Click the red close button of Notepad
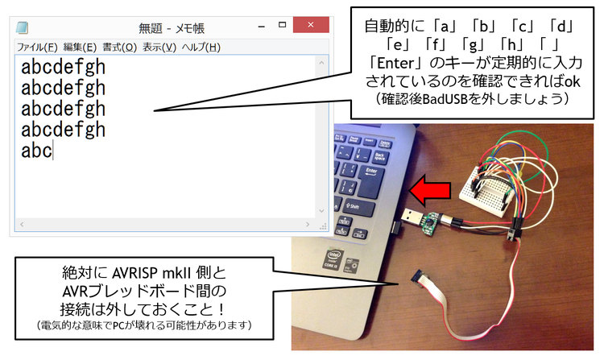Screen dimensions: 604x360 pyautogui.click(x=311, y=25)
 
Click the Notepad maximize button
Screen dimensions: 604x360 pyautogui.click(x=283, y=25)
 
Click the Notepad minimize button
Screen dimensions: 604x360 pyautogui.click(x=262, y=27)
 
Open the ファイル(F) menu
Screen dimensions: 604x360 pyautogui.click(x=37, y=48)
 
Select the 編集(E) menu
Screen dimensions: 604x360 pyautogui.click(x=80, y=48)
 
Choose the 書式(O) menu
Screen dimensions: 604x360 pyautogui.click(x=119, y=48)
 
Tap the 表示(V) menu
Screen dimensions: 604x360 pyautogui.click(x=159, y=48)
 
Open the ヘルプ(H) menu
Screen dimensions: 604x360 pyautogui.click(x=201, y=48)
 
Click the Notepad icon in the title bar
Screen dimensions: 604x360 pyautogui.click(x=23, y=27)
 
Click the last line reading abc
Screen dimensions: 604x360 pyautogui.click(x=36, y=150)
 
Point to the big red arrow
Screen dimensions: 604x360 pyautogui.click(x=429, y=190)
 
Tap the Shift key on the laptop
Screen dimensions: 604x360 pyautogui.click(x=358, y=209)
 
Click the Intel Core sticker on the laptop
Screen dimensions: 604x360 pyautogui.click(x=333, y=259)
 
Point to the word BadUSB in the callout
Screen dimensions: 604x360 pyautogui.click(x=445, y=99)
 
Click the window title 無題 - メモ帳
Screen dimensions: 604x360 pyautogui.click(x=172, y=28)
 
